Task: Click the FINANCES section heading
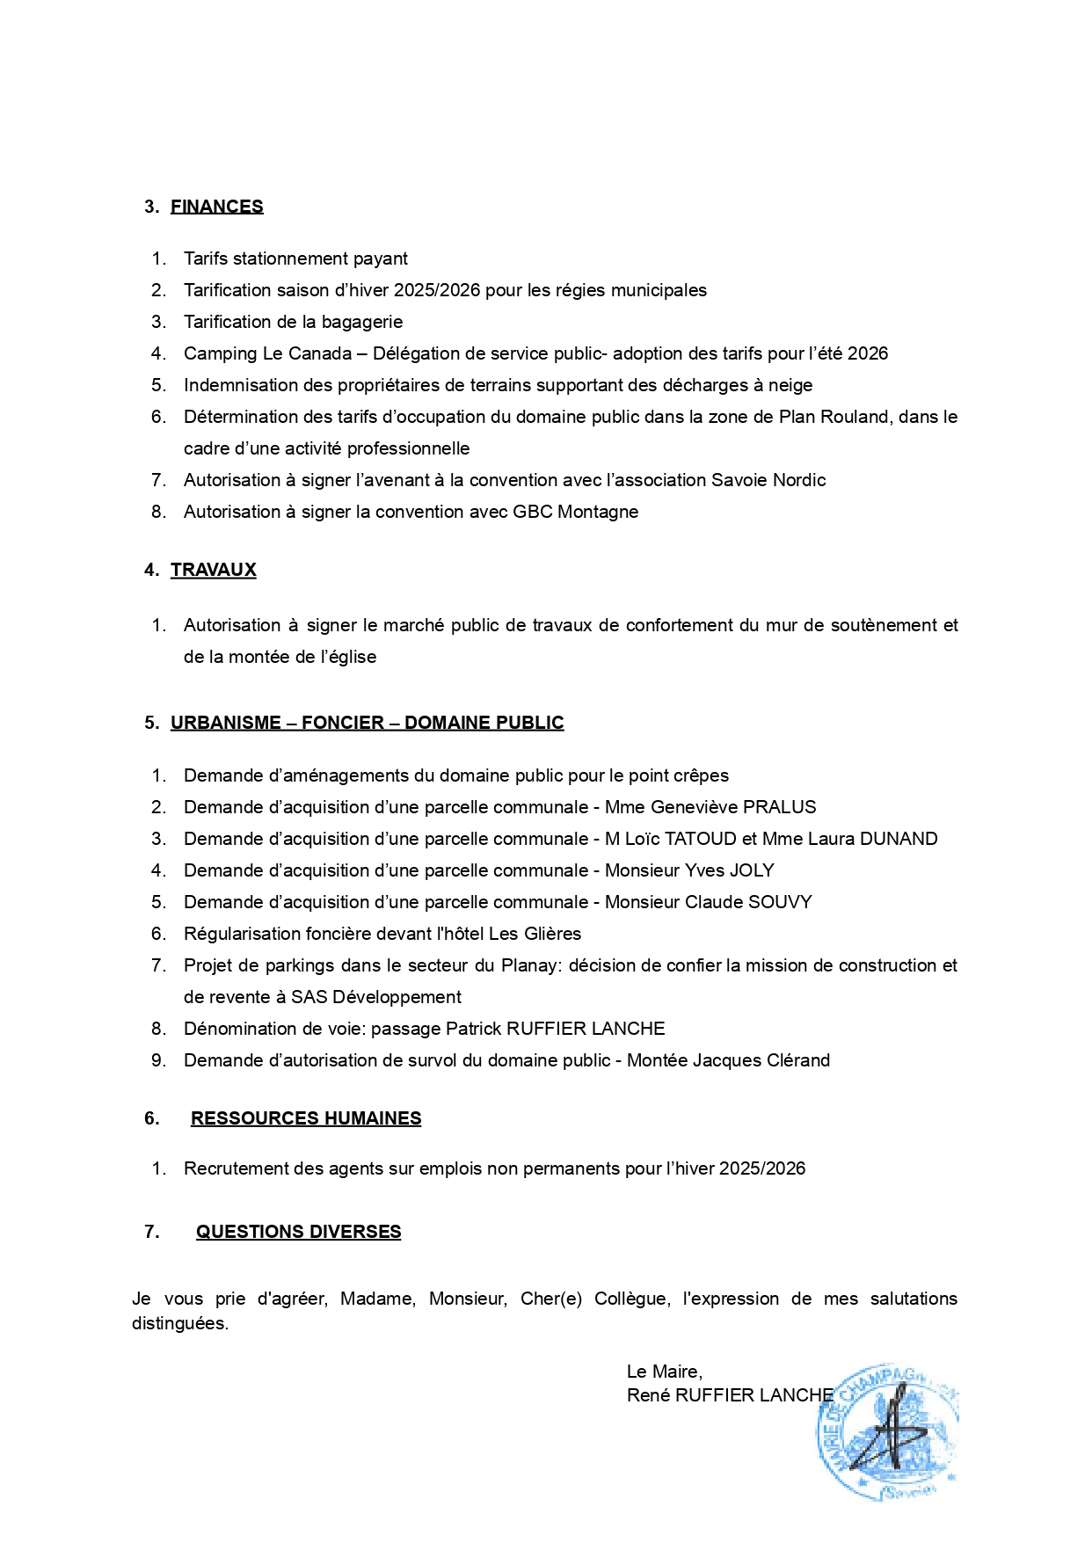216,207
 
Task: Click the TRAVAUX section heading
213,570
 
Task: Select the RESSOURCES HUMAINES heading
306,1118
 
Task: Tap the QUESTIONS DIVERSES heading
298,1232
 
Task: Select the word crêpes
701,775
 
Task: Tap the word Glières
552,934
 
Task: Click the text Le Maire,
664,1372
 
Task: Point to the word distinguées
179,1323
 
